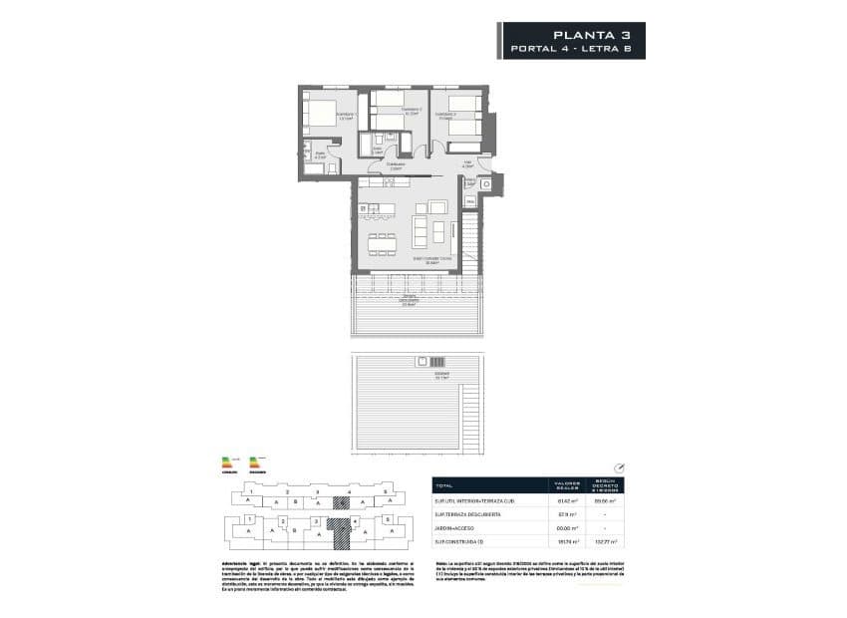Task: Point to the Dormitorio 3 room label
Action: [x=444, y=115]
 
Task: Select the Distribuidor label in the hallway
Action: [x=396, y=164]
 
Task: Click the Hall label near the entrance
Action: [x=465, y=163]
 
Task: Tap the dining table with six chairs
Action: [x=383, y=242]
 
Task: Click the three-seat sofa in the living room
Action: [x=438, y=233]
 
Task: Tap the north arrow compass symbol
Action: [x=619, y=465]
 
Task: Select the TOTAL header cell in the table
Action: [x=445, y=485]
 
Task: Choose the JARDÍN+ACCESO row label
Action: [x=457, y=527]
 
